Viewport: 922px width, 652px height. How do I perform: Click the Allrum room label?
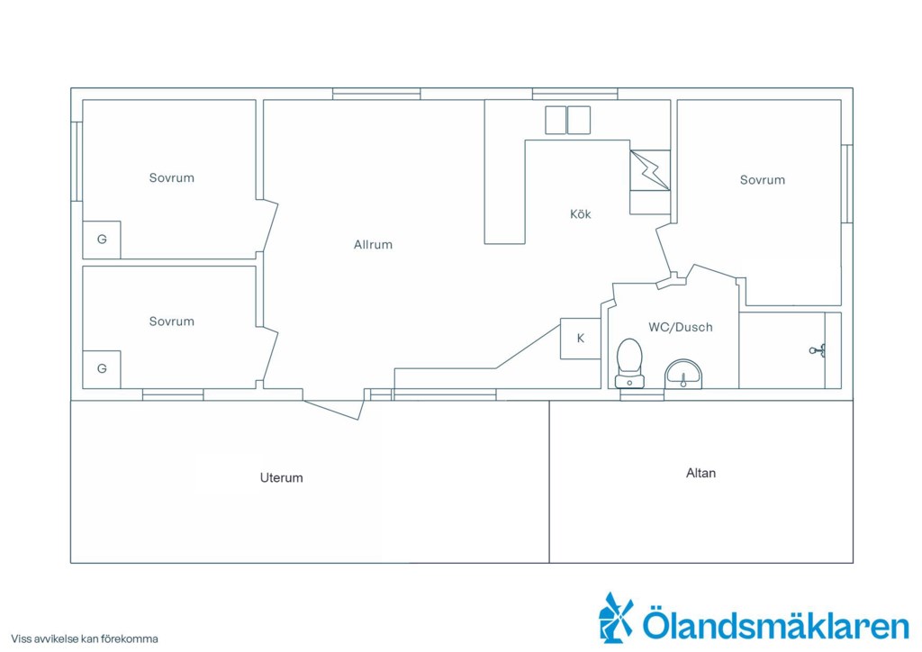coord(373,245)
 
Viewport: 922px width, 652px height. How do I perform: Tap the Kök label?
coord(581,214)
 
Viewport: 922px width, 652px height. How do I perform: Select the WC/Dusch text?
coord(681,327)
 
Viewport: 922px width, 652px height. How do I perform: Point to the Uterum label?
coord(282,477)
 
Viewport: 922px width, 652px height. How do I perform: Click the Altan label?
coord(701,473)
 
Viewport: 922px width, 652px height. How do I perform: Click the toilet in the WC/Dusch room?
coord(629,363)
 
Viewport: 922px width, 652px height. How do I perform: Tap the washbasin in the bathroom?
coord(683,375)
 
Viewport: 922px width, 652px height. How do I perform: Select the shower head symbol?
coord(818,351)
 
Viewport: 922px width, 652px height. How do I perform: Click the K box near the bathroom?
coord(581,339)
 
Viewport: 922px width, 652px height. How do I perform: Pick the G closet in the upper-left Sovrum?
coord(102,240)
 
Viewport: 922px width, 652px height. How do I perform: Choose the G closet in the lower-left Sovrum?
coord(102,369)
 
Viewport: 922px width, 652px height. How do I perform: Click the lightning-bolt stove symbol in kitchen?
coord(650,170)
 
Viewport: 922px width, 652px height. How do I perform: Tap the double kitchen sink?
coord(567,120)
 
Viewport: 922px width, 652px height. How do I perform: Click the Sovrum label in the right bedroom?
coord(762,180)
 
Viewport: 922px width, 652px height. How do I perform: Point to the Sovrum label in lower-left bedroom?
coord(171,321)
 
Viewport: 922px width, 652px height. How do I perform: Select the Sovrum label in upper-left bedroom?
coord(171,177)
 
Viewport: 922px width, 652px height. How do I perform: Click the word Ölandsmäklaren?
coord(775,624)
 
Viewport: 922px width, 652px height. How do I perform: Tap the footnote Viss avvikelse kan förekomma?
coord(84,638)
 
